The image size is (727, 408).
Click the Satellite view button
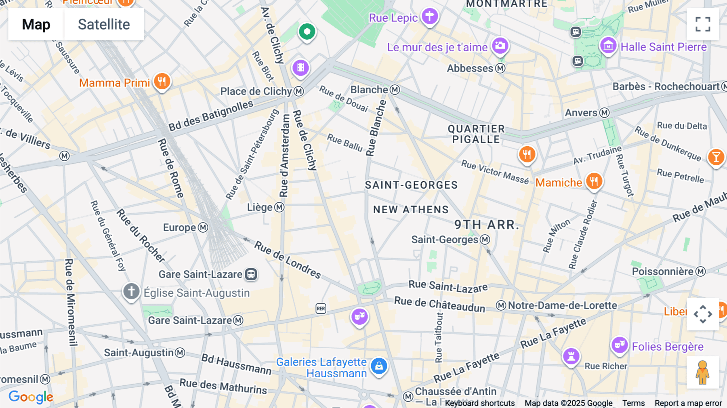click(x=104, y=24)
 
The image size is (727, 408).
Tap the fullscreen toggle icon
click(x=703, y=24)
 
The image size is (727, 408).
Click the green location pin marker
click(x=307, y=32)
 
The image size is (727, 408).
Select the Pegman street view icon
click(x=703, y=372)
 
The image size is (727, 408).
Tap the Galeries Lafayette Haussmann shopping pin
click(x=379, y=366)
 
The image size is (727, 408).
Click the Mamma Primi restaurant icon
click(x=162, y=82)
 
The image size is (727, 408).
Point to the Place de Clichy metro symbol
click(x=299, y=91)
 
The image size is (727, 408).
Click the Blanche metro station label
click(x=369, y=90)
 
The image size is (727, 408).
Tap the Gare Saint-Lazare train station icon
click(x=251, y=274)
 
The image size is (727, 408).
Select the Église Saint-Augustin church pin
click(x=131, y=291)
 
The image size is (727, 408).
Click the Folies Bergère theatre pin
click(x=619, y=345)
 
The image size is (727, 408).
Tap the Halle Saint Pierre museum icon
click(x=608, y=46)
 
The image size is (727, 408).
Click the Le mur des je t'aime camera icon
click(x=500, y=46)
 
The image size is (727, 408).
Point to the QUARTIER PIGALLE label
click(x=476, y=134)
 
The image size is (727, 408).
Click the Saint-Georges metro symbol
click(x=485, y=240)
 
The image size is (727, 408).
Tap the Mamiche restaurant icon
click(x=594, y=181)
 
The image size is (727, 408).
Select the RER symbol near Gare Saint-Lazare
click(x=321, y=309)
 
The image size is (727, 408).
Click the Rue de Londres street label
click(x=288, y=260)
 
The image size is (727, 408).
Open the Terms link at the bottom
click(x=633, y=403)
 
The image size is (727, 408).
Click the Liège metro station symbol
click(x=279, y=207)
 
